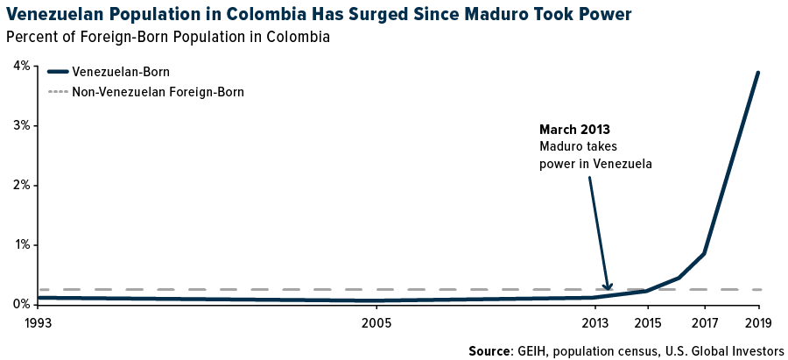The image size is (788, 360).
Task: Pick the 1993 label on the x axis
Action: click(x=39, y=321)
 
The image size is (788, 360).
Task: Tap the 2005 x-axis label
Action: click(x=376, y=321)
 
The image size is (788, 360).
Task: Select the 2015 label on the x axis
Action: click(x=648, y=321)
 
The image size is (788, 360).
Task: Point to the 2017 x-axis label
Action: click(x=703, y=321)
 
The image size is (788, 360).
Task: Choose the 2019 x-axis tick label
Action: click(x=757, y=321)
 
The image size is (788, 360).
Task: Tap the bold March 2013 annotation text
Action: click(x=574, y=130)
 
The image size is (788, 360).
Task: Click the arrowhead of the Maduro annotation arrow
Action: click(x=609, y=287)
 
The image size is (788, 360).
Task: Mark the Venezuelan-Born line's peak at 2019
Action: click(x=757, y=73)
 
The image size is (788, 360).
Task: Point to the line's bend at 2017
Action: click(x=704, y=254)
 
